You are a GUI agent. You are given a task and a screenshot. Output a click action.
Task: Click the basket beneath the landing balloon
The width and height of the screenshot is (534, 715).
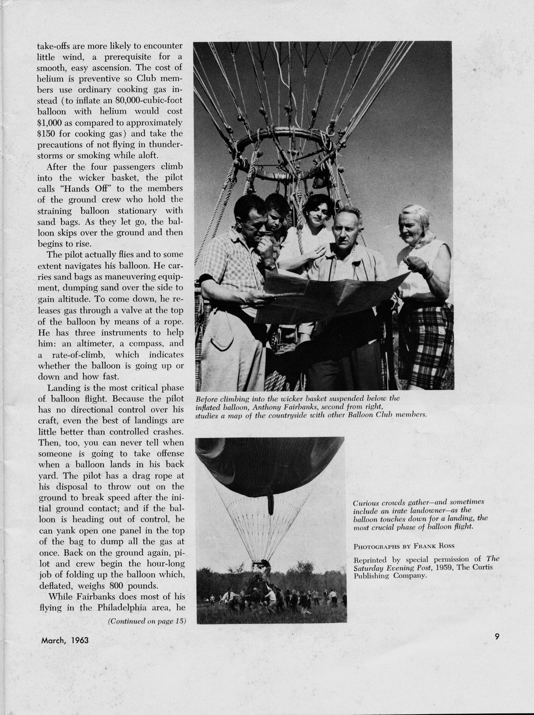click(x=257, y=580)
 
